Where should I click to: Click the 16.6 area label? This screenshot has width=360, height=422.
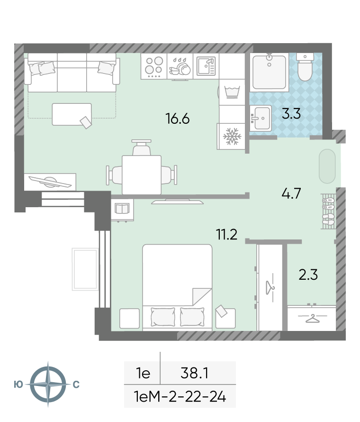click(x=178, y=119)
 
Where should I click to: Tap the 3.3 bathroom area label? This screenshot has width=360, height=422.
click(x=291, y=114)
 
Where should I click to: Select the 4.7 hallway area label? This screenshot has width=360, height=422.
click(x=291, y=193)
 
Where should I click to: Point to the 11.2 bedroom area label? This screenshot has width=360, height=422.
click(x=226, y=234)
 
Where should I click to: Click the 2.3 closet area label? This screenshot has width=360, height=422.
click(x=308, y=275)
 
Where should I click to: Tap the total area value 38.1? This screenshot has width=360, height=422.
click(x=194, y=373)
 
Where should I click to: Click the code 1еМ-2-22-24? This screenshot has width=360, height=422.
click(x=180, y=396)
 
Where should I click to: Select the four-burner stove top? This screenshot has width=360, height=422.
click(x=154, y=66)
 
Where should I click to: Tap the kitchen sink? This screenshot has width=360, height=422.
click(x=206, y=66)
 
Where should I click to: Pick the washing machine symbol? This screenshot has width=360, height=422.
click(x=232, y=92)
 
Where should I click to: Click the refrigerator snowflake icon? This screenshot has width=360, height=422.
click(x=232, y=136)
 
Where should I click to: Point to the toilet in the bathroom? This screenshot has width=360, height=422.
click(x=305, y=67)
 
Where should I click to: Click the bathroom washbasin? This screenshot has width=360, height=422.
click(x=261, y=118)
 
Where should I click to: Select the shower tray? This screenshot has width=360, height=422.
click(x=269, y=72)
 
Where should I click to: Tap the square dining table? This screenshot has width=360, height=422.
click(x=142, y=174)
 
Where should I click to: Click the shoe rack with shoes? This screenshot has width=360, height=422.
click(x=328, y=211)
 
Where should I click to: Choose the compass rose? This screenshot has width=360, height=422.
click(x=48, y=384)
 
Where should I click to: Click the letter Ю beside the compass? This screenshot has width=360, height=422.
click(x=18, y=385)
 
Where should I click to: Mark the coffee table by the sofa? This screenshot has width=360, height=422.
click(x=72, y=114)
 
